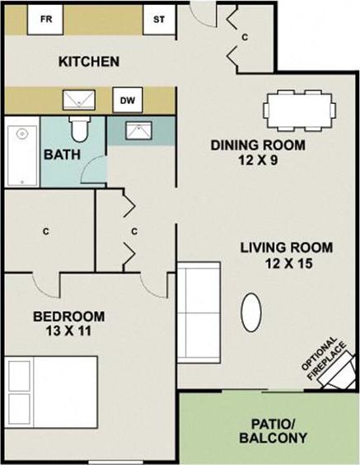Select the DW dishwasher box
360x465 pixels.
[x=127, y=100]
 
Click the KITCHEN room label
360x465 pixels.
[x=90, y=62]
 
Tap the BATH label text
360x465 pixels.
[x=62, y=154]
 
